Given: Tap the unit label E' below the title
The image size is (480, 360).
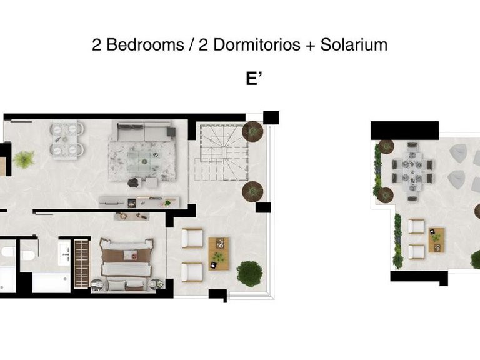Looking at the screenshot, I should [253, 79].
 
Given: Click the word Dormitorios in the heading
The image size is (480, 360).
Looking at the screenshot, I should [242, 45].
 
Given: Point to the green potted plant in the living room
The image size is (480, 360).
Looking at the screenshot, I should [24, 159].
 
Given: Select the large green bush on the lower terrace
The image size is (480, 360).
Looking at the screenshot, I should [249, 274].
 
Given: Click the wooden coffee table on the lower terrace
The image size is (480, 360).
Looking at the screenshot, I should [218, 253].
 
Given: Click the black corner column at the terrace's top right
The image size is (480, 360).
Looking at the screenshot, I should [271, 117].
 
